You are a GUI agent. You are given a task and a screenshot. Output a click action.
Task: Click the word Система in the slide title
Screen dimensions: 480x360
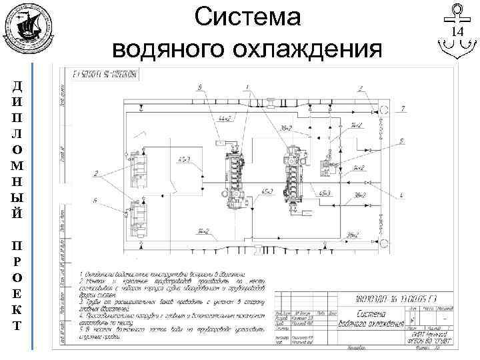pos(249,18)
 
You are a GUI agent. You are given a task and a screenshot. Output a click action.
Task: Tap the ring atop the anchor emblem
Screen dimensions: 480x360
pos(457,10)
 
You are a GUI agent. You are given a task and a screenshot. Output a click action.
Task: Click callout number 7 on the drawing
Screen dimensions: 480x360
pos(403,108)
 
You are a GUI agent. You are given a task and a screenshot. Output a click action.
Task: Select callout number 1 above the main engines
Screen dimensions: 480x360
pos(247,87)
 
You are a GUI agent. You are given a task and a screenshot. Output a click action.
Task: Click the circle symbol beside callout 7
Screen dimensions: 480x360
pos(384,109)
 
